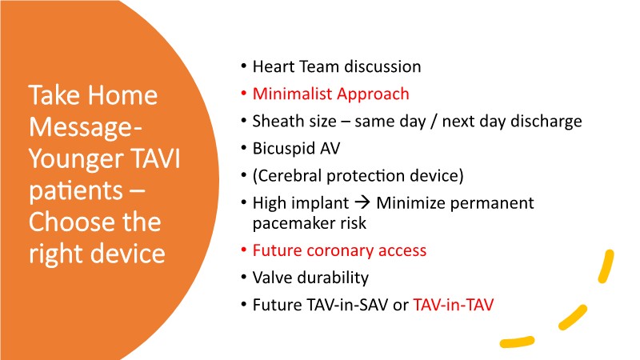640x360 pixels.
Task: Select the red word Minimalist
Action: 293,94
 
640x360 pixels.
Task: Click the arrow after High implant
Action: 362,203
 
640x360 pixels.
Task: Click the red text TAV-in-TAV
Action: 454,305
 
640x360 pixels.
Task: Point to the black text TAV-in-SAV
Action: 321,305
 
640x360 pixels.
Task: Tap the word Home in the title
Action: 122,95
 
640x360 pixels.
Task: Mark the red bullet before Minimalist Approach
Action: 244,94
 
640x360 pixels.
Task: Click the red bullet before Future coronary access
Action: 244,250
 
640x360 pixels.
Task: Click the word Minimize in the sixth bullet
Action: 410,203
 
